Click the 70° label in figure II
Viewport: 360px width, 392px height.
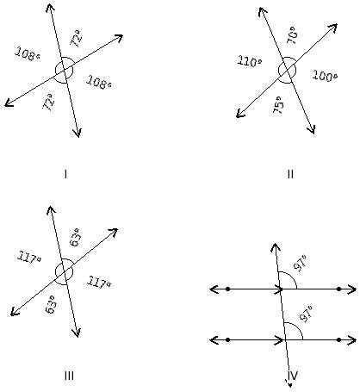coord(293,35)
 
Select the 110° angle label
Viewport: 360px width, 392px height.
coord(250,61)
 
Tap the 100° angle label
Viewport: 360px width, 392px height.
coord(325,76)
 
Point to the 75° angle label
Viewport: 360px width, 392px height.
coord(279,105)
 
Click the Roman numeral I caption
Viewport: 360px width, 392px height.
coord(65,174)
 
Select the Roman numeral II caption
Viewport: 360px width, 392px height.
coord(290,174)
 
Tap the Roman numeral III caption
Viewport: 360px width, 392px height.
coord(69,376)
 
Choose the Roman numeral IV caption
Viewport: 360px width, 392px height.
coord(293,376)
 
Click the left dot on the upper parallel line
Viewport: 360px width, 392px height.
coord(227,289)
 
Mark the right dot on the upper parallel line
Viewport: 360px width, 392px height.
coord(338,289)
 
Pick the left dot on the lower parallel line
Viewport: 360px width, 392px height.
coord(227,339)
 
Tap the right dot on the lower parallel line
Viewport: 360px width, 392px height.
coord(338,339)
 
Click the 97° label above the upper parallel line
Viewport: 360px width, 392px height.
coord(301,263)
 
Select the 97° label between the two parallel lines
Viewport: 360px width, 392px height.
coord(306,314)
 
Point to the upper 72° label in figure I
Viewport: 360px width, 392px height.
coord(77,38)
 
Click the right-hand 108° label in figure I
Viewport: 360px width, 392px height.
coord(99,82)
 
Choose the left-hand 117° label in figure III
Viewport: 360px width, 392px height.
coord(29,257)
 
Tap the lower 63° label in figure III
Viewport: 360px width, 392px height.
coord(51,304)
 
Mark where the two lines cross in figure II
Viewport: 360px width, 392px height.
coord(288,70)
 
